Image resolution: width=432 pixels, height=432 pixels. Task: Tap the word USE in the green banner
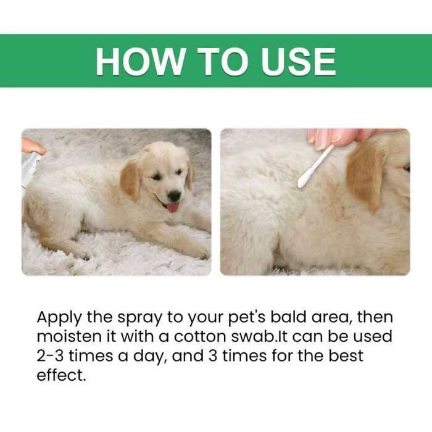(x=296, y=61)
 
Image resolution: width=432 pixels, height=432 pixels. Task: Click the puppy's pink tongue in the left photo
(x=173, y=207)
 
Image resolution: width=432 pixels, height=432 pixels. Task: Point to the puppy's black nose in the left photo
(x=175, y=195)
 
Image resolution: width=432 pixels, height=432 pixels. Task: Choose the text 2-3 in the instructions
(x=52, y=355)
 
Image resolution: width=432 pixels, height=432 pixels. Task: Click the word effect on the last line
(x=60, y=374)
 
